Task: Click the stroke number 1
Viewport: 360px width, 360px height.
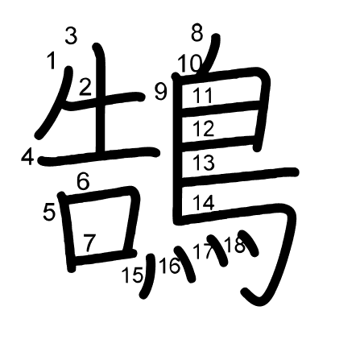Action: [x=51, y=60]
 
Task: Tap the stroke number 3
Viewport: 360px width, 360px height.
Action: [x=71, y=36]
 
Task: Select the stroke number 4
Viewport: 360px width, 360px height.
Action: [x=27, y=157]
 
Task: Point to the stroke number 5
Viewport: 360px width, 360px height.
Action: [x=49, y=213]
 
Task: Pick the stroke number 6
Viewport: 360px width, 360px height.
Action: [x=83, y=182]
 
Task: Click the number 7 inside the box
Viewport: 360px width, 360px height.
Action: [x=89, y=242]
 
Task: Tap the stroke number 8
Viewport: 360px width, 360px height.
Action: [x=197, y=34]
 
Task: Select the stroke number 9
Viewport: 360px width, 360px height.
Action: [x=161, y=92]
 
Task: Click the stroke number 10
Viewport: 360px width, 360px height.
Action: [x=190, y=64]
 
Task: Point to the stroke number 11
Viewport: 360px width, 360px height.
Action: [x=202, y=95]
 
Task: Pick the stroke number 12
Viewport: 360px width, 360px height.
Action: [x=204, y=128]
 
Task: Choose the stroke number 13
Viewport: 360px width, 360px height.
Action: [x=204, y=163]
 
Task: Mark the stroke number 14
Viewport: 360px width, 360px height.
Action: [x=204, y=202]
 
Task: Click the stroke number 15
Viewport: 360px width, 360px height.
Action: [x=132, y=275]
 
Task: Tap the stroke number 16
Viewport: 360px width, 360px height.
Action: [x=170, y=266]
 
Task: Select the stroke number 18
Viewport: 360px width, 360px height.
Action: [x=235, y=245]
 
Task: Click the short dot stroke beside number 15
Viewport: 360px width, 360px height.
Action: [x=147, y=276]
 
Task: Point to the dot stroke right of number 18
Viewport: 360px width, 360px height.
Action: [x=249, y=243]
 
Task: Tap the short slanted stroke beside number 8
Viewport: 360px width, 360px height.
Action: [x=209, y=54]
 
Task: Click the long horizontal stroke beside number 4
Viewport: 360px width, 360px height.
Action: [x=99, y=155]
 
